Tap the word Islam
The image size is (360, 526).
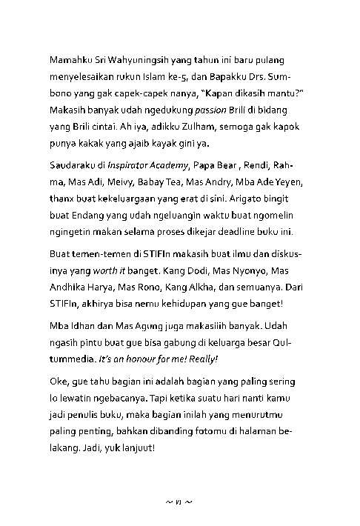165,75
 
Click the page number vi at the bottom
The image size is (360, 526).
179,502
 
